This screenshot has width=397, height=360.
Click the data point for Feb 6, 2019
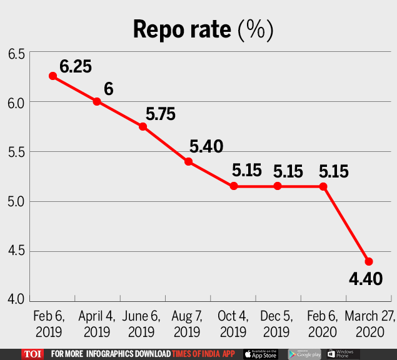coord(53,76)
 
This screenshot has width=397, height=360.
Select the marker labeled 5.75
coord(143,126)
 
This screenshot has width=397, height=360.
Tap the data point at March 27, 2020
coord(369,261)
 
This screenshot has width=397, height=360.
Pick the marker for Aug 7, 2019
coord(188,161)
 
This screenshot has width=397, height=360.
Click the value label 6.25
coord(76,66)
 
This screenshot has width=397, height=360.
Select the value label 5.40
coord(206,147)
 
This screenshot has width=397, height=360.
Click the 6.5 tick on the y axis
coord(16,55)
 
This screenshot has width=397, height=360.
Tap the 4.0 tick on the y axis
coord(16,299)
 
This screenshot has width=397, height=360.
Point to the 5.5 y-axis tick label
coord(16,152)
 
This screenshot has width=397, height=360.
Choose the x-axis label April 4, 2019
coord(97,322)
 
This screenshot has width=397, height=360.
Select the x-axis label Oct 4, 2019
coord(233,322)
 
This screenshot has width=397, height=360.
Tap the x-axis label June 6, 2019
coord(143,322)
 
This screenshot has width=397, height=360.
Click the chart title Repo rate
coord(181,30)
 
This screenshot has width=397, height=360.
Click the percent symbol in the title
coord(256,30)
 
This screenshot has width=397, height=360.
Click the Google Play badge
coord(304,354)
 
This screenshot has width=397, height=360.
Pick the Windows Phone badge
coord(342,354)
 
